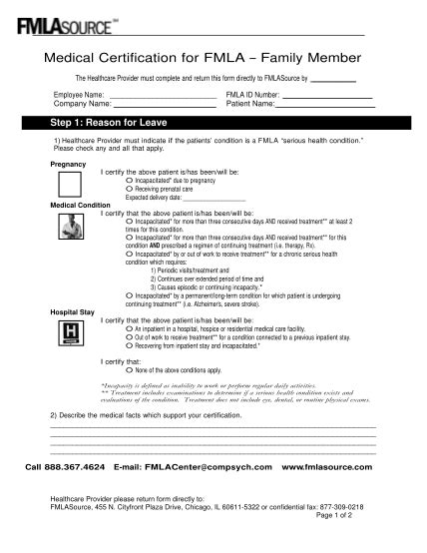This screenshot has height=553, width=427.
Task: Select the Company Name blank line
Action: pos(165,106)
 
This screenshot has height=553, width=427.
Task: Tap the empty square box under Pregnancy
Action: pos(70,184)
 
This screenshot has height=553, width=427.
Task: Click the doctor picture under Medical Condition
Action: pos(70,231)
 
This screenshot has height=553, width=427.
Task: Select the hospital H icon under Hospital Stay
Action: pos(70,333)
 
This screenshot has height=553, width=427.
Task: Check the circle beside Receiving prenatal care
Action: pos(130,188)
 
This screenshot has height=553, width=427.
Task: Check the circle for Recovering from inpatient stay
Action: pos(130,344)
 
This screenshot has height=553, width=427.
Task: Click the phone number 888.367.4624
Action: pos(72,466)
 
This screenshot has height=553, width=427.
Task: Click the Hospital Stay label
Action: pos(69,312)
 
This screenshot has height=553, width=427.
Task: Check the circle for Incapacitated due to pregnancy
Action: pos(130,180)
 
